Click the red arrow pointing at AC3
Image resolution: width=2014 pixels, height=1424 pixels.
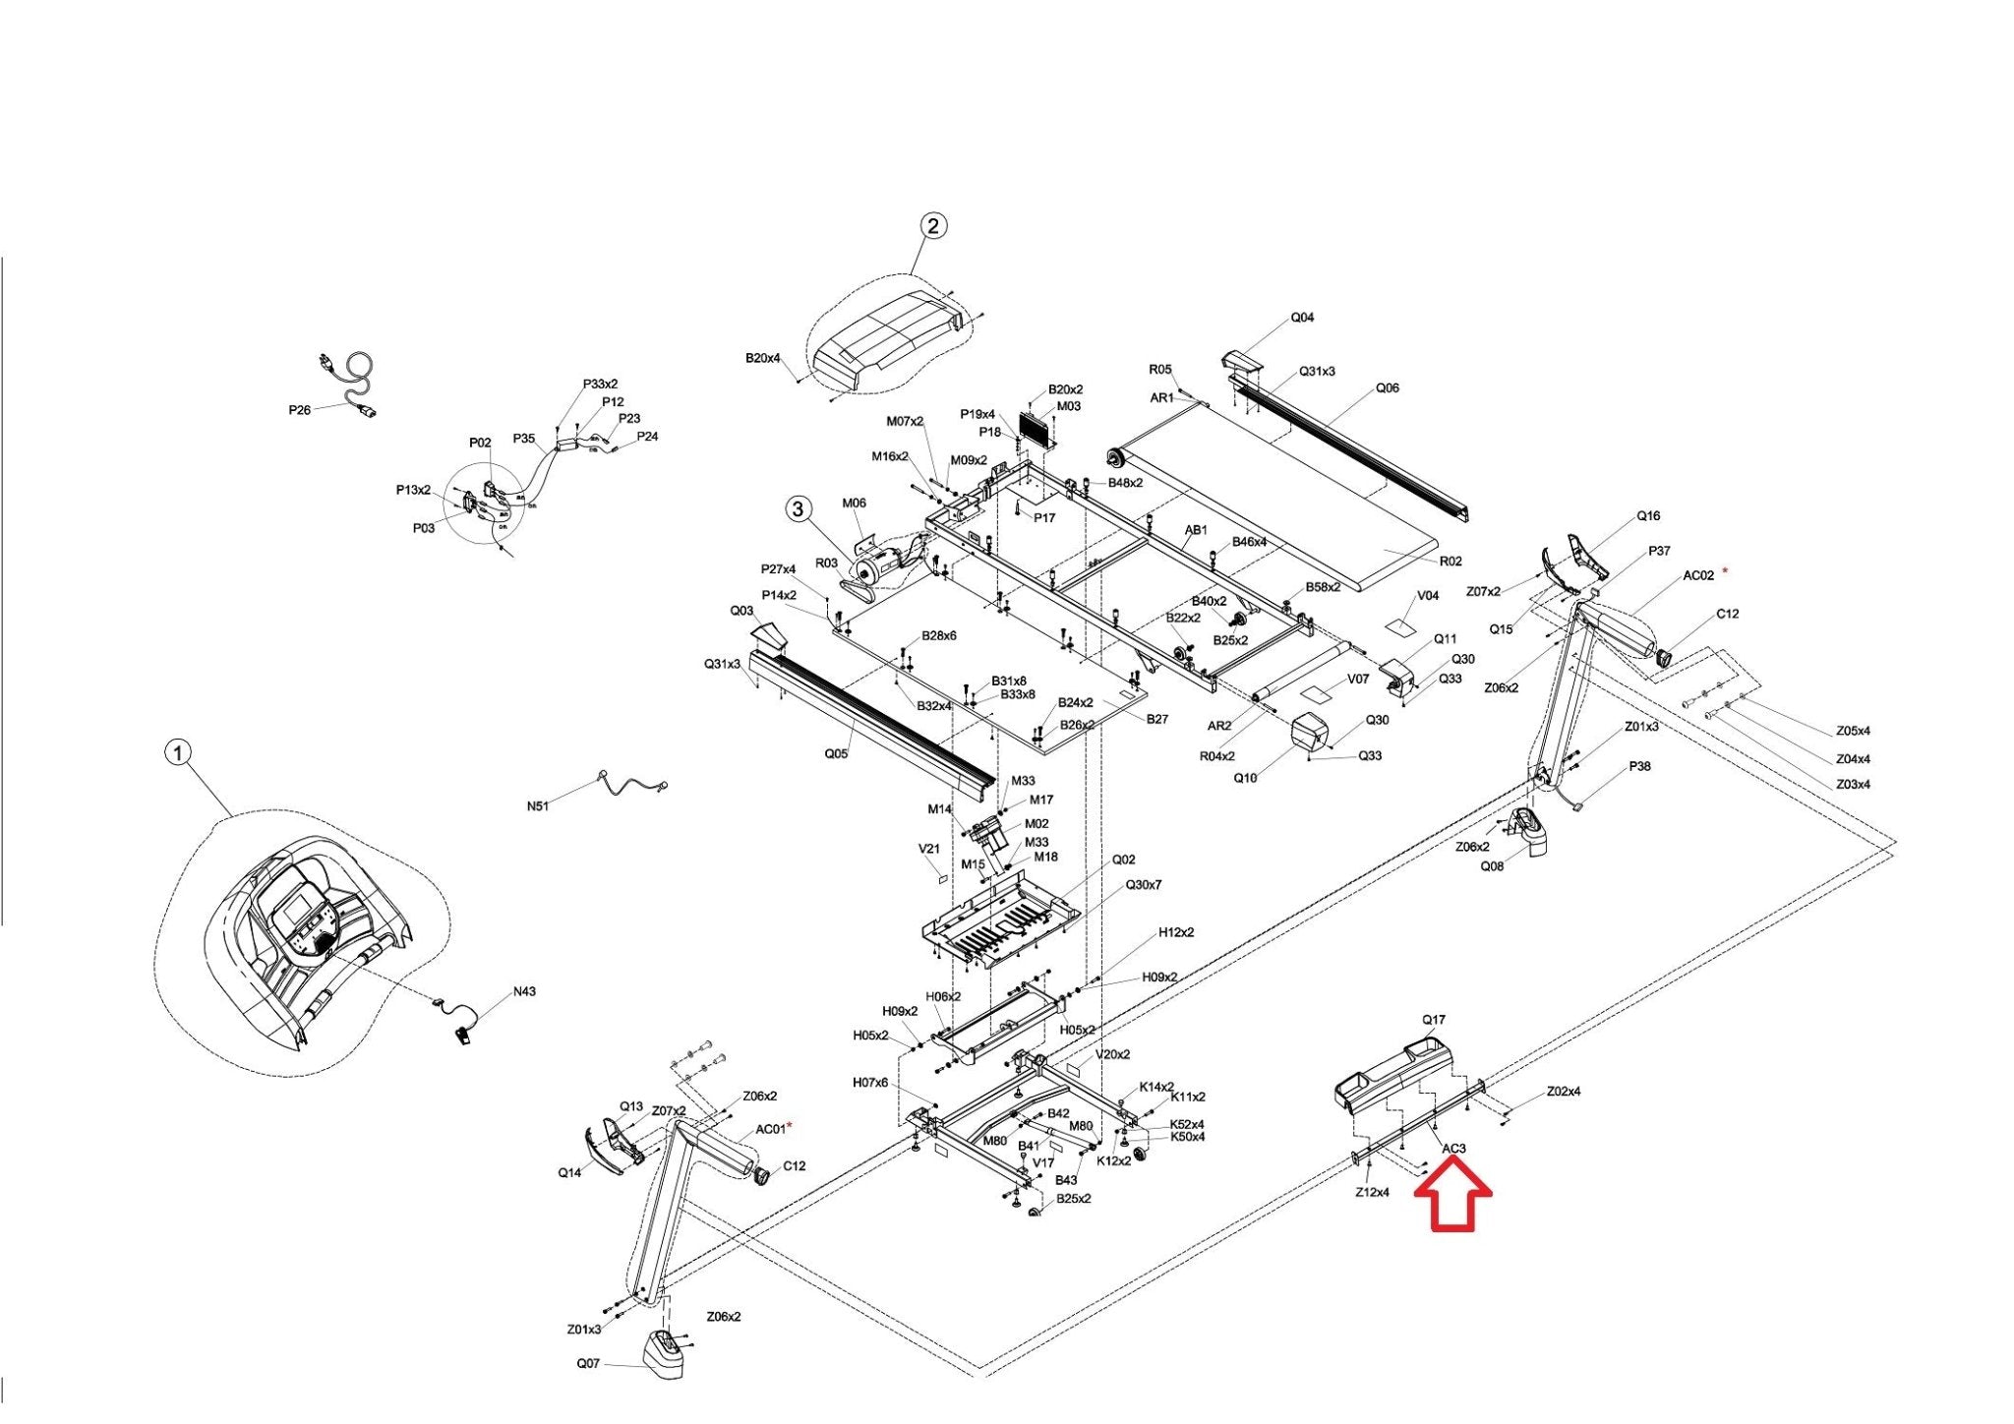pos(1452,1193)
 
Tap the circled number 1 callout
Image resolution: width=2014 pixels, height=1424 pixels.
pos(177,753)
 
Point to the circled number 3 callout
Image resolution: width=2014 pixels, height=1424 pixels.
pos(799,508)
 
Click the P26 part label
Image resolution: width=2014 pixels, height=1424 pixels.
pos(300,410)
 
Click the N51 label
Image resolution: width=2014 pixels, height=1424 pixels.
pos(538,806)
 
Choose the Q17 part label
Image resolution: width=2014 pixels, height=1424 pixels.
pos(1434,1020)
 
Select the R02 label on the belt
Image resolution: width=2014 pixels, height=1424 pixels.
pos(1451,561)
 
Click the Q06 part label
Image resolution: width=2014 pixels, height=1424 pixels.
pos(1387,387)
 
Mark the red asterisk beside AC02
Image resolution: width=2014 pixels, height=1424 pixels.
pos(1724,571)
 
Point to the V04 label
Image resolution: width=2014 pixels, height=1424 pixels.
pos(1428,596)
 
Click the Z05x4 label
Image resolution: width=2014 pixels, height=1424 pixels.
pos(1853,731)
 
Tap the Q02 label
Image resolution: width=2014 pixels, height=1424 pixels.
pos(1124,860)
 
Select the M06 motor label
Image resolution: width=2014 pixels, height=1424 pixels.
pos(854,504)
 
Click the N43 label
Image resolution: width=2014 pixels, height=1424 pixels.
pos(524,991)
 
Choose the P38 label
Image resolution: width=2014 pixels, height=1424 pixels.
pos(1639,766)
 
